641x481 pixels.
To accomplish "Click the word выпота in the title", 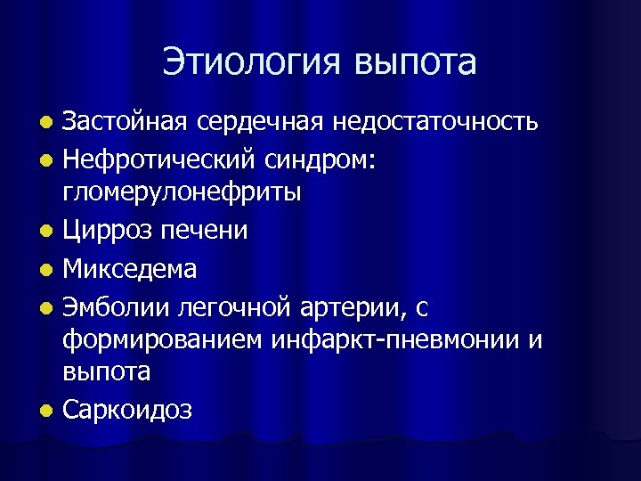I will point(416,62).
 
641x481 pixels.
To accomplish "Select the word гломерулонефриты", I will point(182,192).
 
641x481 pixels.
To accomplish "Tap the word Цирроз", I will point(106,231).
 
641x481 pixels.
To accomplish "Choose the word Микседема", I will point(130,267).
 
